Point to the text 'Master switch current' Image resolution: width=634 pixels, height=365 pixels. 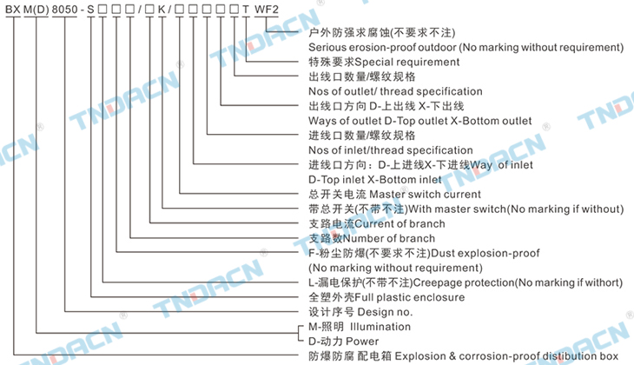point(426,194)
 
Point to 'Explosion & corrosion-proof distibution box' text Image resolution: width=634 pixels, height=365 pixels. point(494,356)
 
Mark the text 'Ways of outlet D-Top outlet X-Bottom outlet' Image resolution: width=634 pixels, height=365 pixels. point(420,121)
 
